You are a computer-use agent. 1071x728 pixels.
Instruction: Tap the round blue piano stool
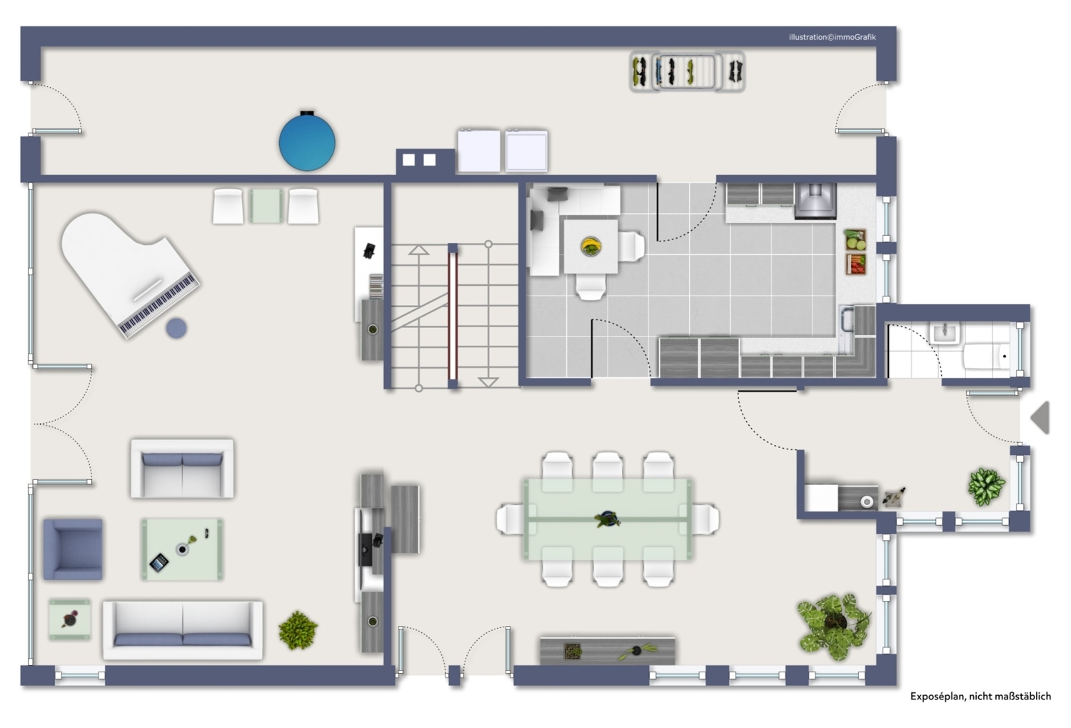pos(176,329)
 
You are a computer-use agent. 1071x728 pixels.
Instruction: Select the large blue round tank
pos(307,142)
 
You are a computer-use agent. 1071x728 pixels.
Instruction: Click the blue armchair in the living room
pos(73,549)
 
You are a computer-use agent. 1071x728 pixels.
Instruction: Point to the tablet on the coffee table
pos(159,562)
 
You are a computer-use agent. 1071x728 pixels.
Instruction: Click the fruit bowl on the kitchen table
pos(591,246)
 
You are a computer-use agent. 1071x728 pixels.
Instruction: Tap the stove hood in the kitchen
pos(815,201)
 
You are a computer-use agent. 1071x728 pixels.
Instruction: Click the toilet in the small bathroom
pos(987,356)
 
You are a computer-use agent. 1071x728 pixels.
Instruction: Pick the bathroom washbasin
pos(945,333)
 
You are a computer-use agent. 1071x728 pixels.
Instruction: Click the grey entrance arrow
pos(1040,417)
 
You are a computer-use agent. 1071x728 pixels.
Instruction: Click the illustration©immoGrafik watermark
pos(833,37)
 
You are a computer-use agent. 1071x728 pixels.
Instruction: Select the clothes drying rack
pos(687,71)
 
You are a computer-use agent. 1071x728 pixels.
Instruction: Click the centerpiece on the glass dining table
pos(607,519)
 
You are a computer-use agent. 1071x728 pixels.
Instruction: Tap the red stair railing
pos(453,316)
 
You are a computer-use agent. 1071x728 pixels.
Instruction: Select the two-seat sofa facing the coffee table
pos(182,469)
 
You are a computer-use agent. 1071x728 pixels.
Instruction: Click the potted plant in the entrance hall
pos(986,487)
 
